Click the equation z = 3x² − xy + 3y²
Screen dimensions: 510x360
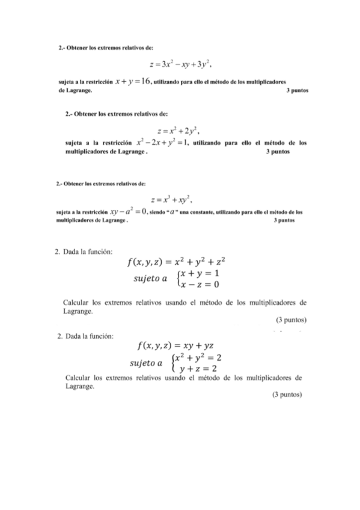click(x=182, y=63)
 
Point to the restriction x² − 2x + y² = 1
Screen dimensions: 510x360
click(x=163, y=143)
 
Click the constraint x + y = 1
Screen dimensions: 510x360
click(x=199, y=273)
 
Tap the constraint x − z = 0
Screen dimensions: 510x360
click(x=199, y=284)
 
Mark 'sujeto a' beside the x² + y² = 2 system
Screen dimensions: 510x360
click(x=147, y=363)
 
